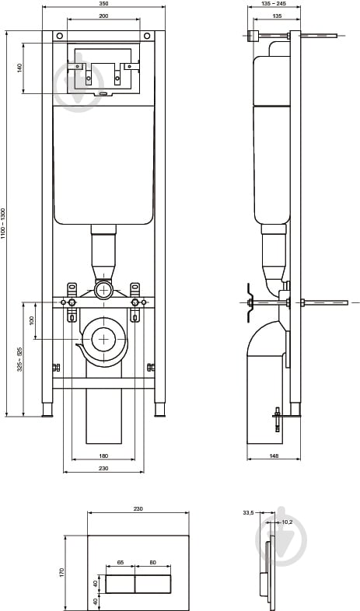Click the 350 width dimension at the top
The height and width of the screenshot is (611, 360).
coord(103,4)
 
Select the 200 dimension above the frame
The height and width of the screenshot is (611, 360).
coord(103,16)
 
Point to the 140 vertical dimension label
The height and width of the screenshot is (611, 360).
coord(20,68)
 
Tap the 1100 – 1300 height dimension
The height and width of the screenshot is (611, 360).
coord(3,224)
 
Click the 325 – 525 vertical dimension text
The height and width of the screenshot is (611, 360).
coord(19,359)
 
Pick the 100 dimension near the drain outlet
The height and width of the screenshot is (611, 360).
coord(32,320)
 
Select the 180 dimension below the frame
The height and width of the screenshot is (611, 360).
coord(103,456)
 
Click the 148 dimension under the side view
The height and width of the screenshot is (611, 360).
coord(274,456)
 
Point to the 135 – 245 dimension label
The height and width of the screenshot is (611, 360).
coord(273,4)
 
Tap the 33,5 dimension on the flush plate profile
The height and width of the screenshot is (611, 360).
coord(249,513)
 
